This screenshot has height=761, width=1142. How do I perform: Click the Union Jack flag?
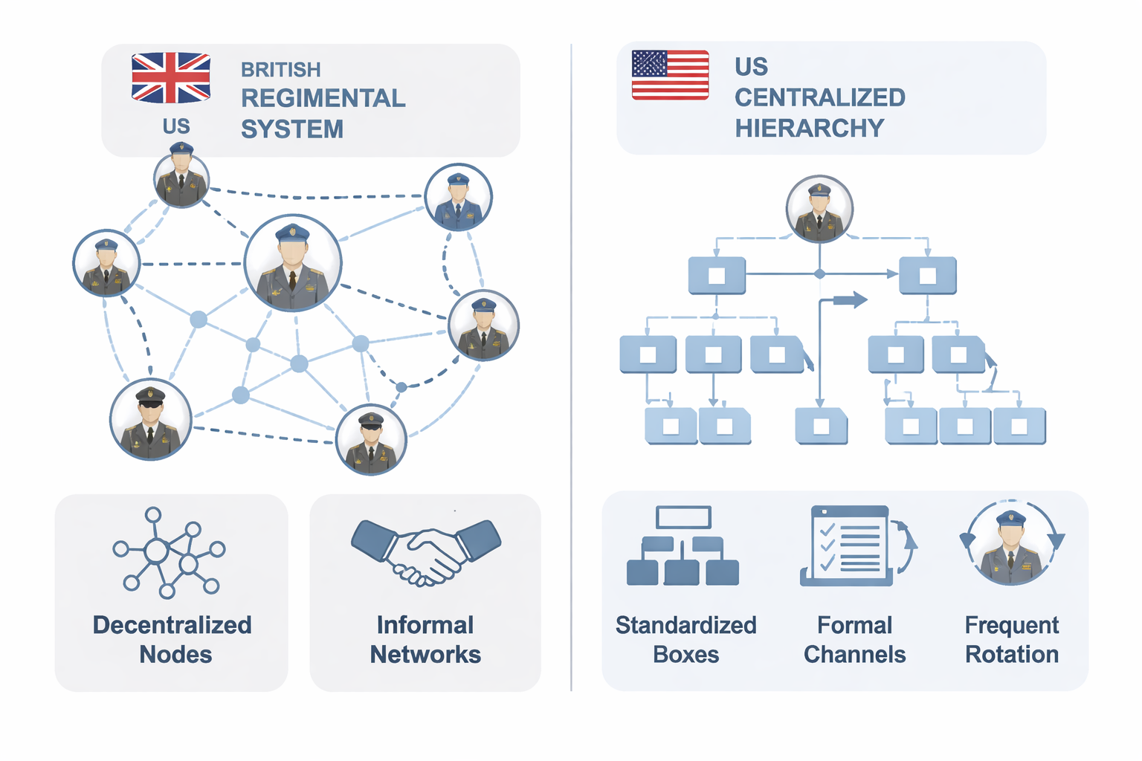tap(171, 77)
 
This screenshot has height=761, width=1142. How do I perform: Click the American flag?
tap(670, 74)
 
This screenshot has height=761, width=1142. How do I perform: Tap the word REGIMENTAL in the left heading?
tap(323, 98)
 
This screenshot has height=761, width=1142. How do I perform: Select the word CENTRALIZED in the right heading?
tap(819, 97)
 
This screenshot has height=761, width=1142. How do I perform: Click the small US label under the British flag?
tap(176, 126)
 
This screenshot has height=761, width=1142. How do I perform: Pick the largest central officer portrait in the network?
tap(293, 263)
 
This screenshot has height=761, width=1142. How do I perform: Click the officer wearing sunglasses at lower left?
tap(151, 420)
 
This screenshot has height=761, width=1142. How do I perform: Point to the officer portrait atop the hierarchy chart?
tap(819, 210)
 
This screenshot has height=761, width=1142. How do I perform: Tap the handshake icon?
tap(426, 549)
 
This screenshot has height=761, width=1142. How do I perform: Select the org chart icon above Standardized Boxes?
tap(683, 546)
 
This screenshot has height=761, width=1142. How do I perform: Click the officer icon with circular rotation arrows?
tap(1012, 543)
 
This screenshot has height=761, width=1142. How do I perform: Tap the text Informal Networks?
tap(425, 639)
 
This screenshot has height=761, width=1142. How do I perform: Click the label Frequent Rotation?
tap(1011, 639)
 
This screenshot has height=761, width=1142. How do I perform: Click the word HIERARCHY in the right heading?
tap(809, 128)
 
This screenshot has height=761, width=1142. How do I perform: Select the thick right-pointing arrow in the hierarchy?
tap(850, 300)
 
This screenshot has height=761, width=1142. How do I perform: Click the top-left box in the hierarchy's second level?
tap(717, 276)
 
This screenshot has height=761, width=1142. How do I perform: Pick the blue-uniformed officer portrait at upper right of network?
tap(458, 198)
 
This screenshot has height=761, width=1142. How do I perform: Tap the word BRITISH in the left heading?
tap(280, 70)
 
